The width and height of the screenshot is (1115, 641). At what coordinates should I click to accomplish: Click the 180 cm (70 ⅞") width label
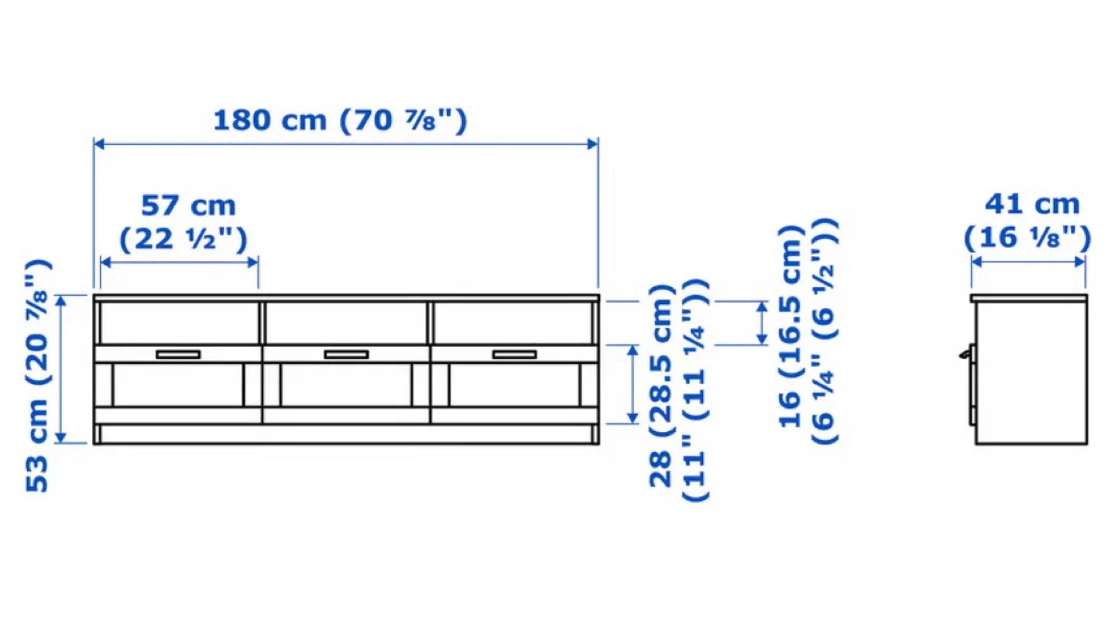point(340,121)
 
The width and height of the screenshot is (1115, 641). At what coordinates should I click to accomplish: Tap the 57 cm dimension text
point(188,206)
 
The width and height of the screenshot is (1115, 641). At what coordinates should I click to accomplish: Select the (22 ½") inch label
point(184,240)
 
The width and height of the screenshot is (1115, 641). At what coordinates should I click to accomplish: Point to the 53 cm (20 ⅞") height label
point(39,375)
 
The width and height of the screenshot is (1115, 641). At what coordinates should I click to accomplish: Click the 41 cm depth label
point(1031,204)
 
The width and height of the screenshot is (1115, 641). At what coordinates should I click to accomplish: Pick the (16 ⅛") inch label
point(1028,237)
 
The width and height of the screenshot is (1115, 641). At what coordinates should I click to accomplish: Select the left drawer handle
point(177,355)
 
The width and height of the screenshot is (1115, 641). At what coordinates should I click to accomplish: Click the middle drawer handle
point(346,355)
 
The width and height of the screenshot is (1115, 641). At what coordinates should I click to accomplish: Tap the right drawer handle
point(514,355)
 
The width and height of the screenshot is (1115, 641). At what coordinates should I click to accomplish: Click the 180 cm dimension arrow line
point(345,143)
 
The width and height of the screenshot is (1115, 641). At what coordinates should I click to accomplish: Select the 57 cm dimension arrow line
point(179,262)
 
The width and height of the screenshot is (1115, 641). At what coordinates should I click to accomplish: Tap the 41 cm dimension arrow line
point(1028,262)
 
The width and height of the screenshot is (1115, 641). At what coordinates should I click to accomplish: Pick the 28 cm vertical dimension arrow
point(633,385)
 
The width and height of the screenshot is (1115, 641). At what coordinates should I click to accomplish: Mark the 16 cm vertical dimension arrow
point(762,323)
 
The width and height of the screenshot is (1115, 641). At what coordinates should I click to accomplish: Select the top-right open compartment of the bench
point(513,322)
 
